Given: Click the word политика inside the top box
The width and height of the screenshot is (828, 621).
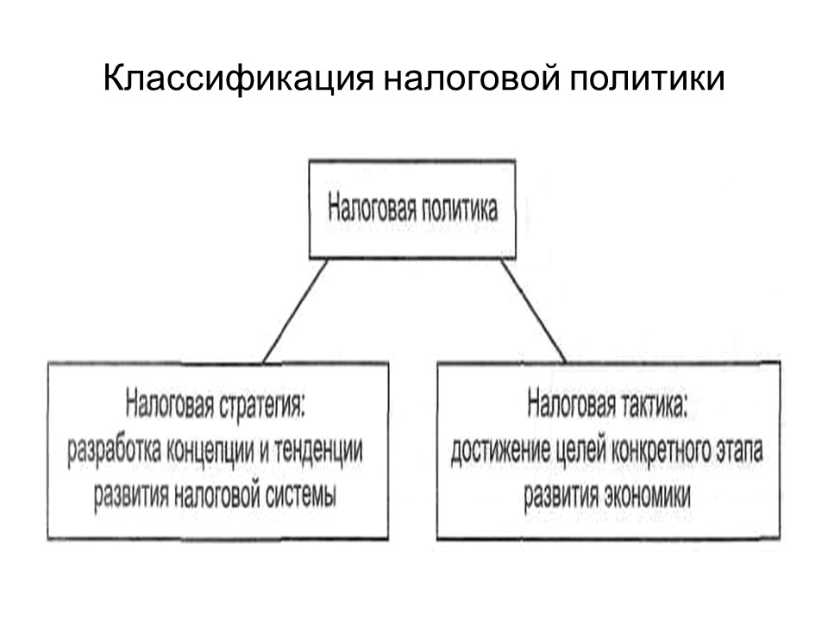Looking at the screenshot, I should click(x=458, y=210).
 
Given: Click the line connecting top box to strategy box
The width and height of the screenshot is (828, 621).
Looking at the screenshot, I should click(x=295, y=310).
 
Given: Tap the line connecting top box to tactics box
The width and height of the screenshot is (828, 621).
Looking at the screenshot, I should click(x=533, y=310).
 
